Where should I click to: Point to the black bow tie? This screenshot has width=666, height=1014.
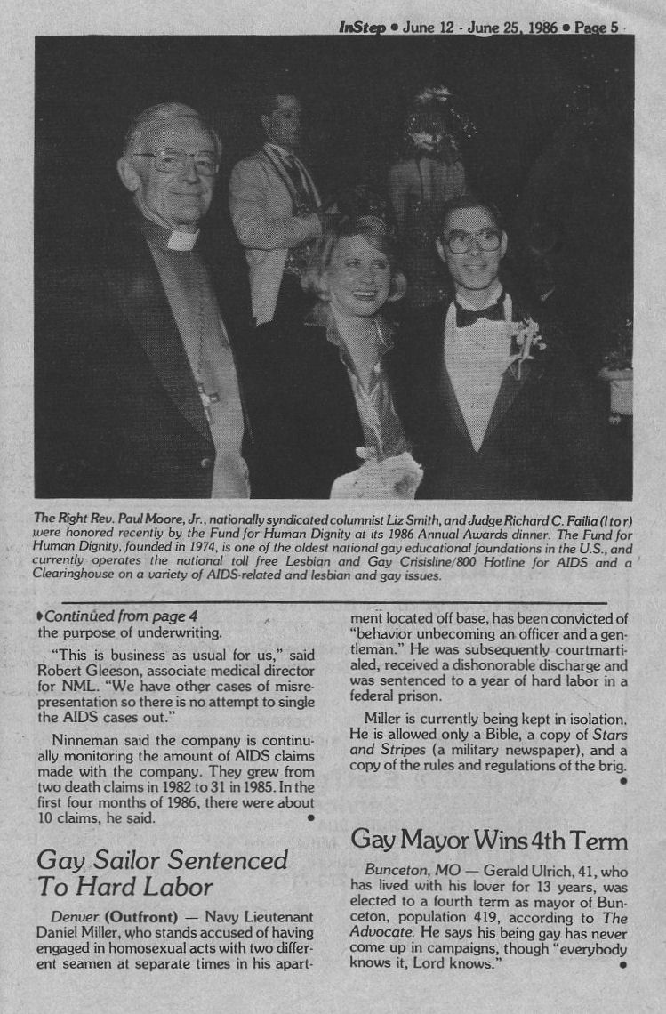[x=480, y=312]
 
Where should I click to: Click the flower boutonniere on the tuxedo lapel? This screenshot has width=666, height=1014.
[x=527, y=343]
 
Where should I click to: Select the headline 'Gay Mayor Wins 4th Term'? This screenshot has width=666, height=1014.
[x=490, y=840]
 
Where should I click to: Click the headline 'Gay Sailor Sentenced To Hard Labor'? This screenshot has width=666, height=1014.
[x=162, y=873]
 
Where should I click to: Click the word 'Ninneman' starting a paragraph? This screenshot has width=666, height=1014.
[x=83, y=740]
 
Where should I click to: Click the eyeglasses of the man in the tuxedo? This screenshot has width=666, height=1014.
[x=471, y=239]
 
